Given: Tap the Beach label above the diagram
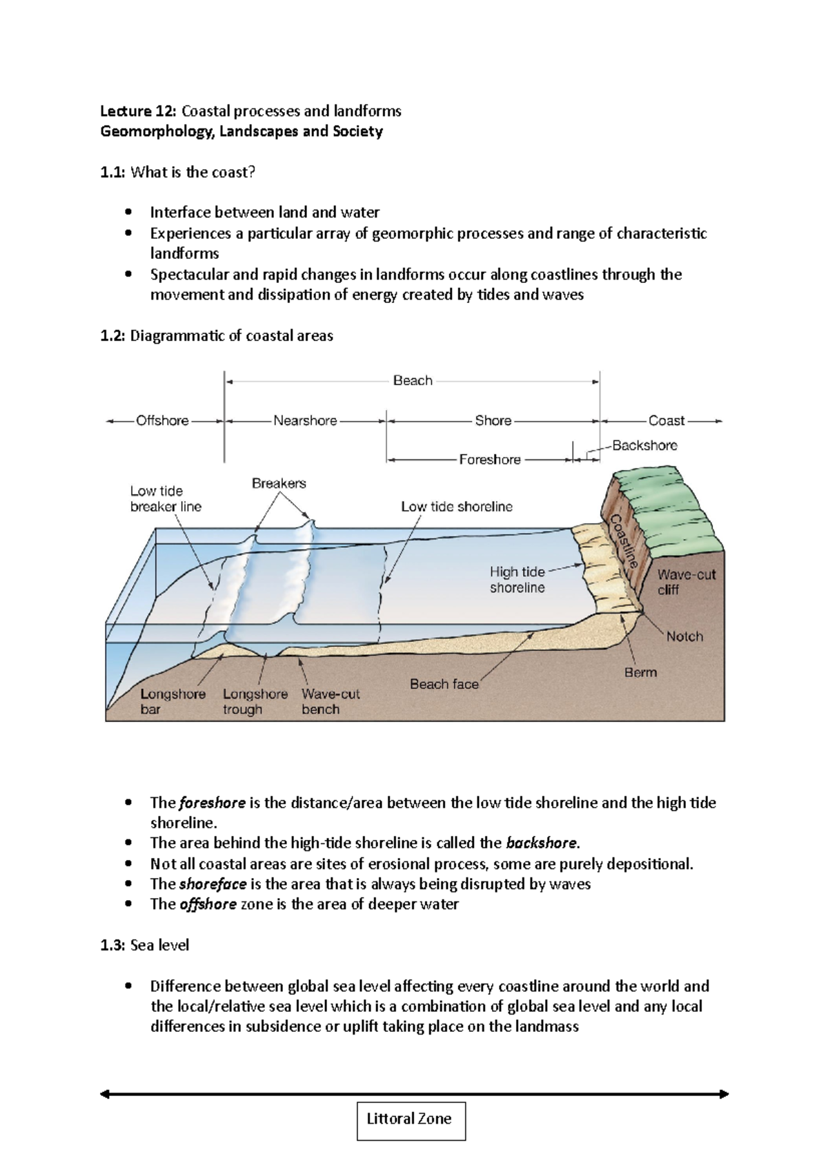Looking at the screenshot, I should pos(413,380).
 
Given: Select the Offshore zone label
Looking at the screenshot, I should pos(162,420).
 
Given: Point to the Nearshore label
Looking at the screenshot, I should pos(305,420).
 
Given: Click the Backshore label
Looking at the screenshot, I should pos(644,445).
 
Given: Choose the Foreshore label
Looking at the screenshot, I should pos(490,460).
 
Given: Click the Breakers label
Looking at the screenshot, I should pos(279,483).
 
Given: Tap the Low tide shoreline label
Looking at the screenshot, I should pos(457,507).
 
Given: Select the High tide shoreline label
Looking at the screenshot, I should pos(517,580).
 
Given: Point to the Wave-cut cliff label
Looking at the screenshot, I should pos(686,582).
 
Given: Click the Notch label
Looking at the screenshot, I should pos(684,636).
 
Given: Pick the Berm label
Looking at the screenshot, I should pos(640,672).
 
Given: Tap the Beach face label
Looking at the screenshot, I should pos(444,684).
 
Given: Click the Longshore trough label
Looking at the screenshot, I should pos(255,701).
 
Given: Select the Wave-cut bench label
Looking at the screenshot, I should pos(331,701).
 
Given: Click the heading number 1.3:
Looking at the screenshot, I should pos(112,945).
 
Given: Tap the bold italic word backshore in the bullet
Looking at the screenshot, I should pos(541,843).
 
